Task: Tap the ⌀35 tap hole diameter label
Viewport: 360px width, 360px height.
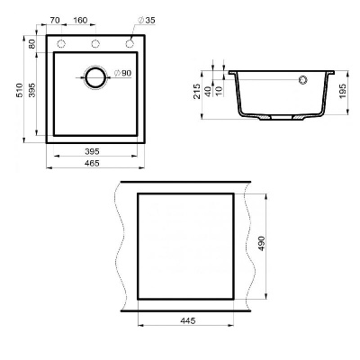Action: (x=145, y=19)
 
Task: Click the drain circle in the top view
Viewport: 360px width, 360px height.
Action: (x=95, y=77)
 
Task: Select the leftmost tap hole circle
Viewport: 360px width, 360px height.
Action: (x=62, y=44)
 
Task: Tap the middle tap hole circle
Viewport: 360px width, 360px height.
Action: (x=95, y=44)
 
